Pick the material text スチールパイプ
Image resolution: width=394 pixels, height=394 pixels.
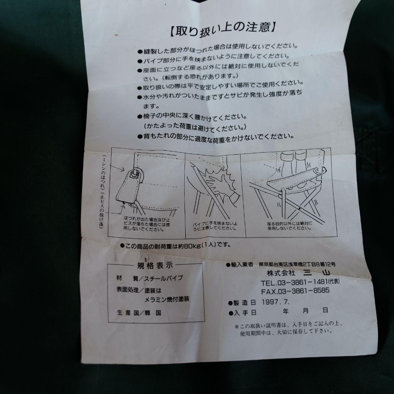pos(164,278)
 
